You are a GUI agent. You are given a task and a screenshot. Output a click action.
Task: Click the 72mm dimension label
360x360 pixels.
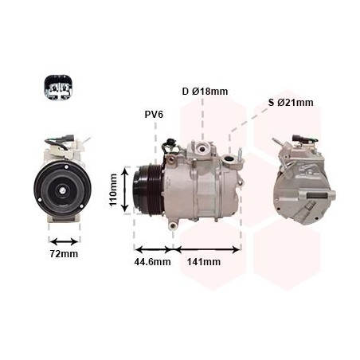tap(64, 254)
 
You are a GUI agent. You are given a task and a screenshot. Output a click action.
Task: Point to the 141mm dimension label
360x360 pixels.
tap(204, 262)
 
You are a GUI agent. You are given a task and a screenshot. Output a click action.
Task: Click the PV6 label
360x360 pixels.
tap(154, 114)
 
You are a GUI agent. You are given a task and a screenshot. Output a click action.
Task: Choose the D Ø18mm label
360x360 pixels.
tap(204, 92)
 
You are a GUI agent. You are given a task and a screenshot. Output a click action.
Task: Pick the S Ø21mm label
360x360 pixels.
tap(291, 102)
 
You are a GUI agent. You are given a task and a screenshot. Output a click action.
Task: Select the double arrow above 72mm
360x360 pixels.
tap(63, 238)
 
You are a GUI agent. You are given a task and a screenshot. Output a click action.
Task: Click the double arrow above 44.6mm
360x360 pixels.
tap(153, 248)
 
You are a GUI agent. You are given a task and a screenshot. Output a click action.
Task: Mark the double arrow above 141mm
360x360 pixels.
tap(206, 248)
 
